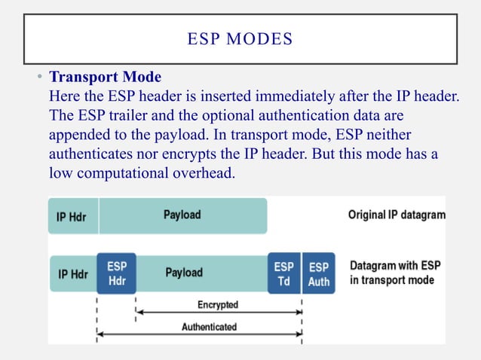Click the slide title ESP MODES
click(240, 38)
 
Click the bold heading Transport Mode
click(105, 78)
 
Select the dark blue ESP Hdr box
click(116, 273)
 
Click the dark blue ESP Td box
click(284, 273)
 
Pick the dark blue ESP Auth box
click(319, 273)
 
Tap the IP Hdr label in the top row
click(72, 218)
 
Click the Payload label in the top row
click(182, 215)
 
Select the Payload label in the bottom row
click(184, 273)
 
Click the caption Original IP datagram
click(396, 215)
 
